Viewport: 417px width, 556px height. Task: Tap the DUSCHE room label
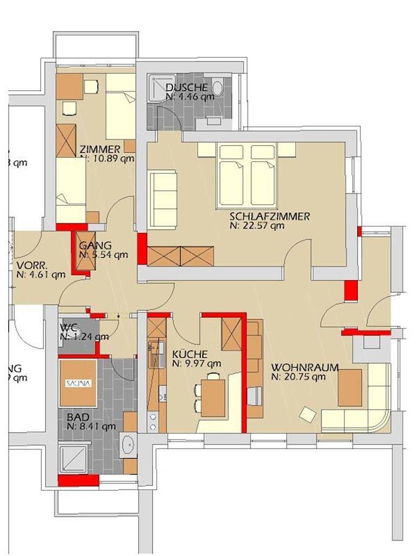186,88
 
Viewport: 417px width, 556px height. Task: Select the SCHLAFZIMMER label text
269,217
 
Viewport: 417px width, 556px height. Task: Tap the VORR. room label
31,265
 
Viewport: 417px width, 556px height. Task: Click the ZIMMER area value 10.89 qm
106,159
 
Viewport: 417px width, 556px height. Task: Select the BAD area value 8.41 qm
91,426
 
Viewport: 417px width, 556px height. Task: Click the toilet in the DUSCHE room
218,87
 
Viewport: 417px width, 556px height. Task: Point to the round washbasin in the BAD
129,446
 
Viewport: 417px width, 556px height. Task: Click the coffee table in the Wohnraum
350,387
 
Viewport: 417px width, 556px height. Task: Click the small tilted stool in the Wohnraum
308,415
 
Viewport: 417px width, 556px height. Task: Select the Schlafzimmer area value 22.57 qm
256,225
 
